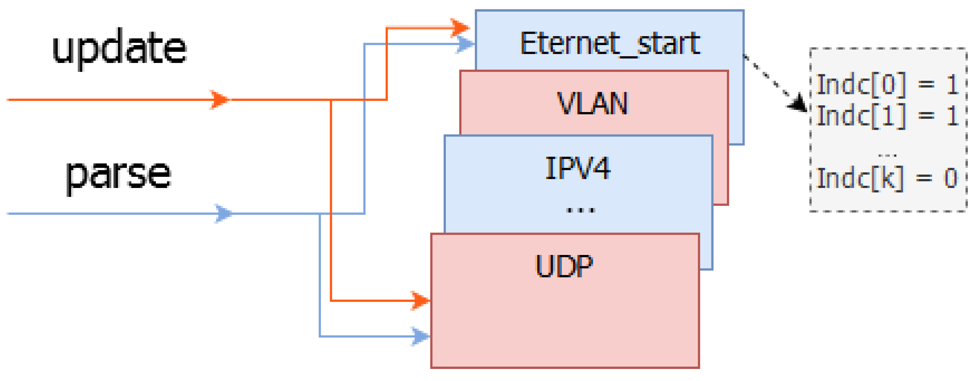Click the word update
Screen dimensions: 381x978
coord(119,48)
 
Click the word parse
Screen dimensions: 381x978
coord(118,174)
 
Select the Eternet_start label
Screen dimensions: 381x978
coord(610,44)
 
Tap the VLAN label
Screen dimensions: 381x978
coord(592,103)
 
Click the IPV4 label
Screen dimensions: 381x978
coord(578,168)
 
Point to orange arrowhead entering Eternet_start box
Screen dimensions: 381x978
coord(460,28)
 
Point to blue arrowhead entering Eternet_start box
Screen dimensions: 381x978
coord(465,44)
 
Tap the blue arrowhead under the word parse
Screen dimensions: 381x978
coord(224,213)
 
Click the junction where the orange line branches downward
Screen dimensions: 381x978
coord(331,100)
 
